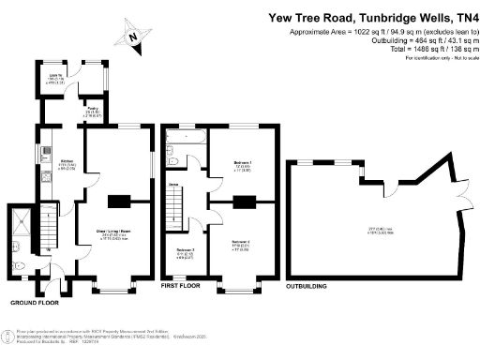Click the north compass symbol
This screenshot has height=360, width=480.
[134, 37]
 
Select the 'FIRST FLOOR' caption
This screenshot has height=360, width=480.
[181, 282]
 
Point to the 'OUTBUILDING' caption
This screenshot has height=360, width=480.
[314, 282]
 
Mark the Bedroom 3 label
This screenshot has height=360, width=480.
[186, 252]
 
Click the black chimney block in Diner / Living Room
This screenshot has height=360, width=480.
[119, 201]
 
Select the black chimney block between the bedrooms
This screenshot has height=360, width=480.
[244, 201]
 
